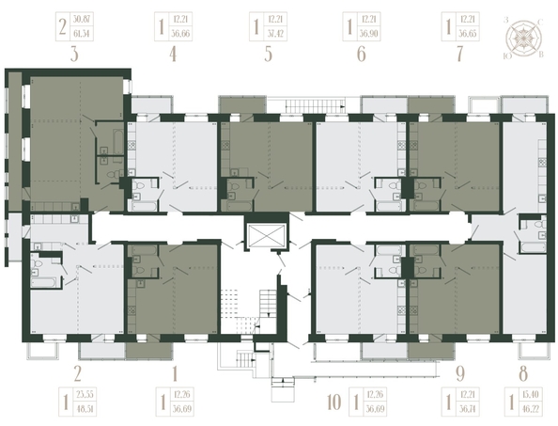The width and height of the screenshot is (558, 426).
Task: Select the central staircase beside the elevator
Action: pyautogui.click(x=271, y=301)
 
